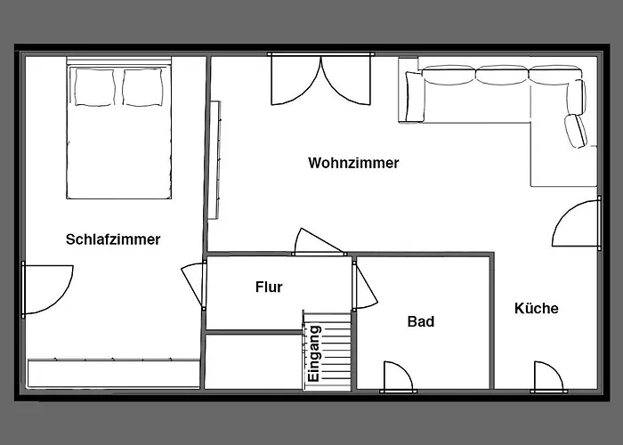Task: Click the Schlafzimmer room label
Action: (113, 239)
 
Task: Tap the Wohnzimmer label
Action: (353, 163)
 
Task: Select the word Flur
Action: (269, 287)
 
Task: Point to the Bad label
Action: (421, 321)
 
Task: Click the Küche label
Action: (537, 308)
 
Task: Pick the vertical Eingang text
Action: (314, 353)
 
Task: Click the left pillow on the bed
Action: (94, 87)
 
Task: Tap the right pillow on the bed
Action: (142, 87)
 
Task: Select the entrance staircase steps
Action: (327, 351)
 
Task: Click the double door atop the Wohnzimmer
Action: (321, 79)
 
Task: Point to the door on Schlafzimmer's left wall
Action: (47, 289)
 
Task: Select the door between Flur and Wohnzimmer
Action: (319, 242)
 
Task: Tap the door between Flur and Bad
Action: (364, 286)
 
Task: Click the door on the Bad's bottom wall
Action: (398, 377)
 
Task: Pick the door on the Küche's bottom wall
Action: (548, 377)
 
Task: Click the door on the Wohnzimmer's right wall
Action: (577, 223)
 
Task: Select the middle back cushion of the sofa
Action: (502, 75)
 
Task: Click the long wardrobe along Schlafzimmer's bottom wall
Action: (114, 374)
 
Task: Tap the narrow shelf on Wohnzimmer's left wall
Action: (214, 159)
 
